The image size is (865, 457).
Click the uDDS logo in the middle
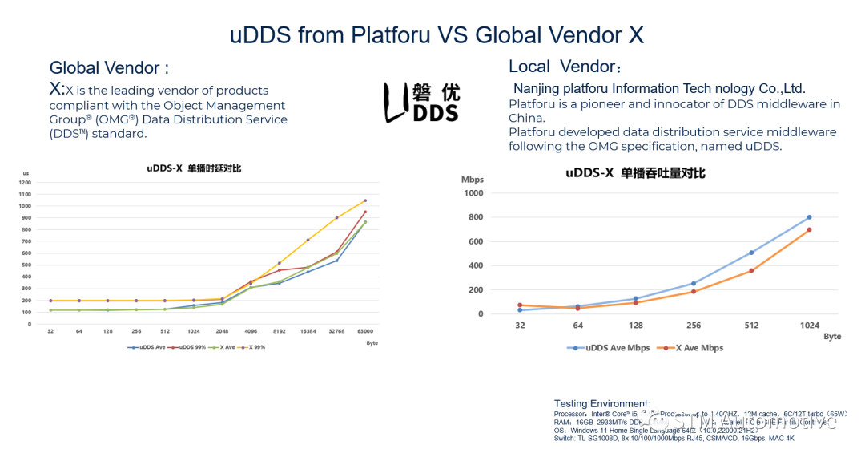(x=422, y=102)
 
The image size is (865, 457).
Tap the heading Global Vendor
(x=109, y=68)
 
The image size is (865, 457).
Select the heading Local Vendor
(x=565, y=67)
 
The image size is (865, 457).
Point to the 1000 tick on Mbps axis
(x=473, y=193)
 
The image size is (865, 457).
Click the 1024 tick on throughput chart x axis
(x=809, y=326)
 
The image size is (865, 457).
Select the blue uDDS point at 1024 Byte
(x=809, y=217)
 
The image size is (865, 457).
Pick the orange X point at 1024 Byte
(x=809, y=229)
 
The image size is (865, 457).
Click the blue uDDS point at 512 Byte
(x=751, y=253)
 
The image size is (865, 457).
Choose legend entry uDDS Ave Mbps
(x=606, y=348)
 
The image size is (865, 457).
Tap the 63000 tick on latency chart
(x=365, y=330)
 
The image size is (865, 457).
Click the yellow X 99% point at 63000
(x=365, y=200)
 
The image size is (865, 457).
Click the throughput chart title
(x=635, y=172)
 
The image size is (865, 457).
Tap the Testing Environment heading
(x=601, y=403)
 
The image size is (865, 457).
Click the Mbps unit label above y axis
(x=473, y=180)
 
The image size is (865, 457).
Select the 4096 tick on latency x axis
(x=251, y=330)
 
